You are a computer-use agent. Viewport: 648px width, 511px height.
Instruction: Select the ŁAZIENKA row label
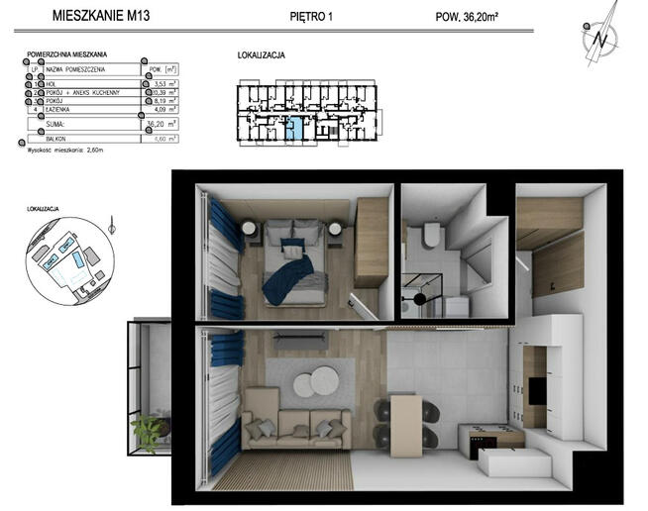tap(59, 110)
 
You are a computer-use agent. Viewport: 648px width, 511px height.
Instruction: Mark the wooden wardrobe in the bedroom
tap(371, 243)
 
